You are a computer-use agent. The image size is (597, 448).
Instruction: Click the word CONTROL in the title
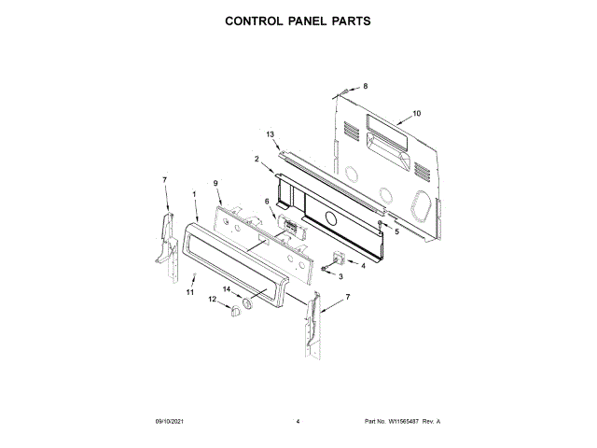[x=257, y=20]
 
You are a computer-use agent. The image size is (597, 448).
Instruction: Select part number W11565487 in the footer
[x=402, y=422]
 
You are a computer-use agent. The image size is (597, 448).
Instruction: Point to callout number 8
[x=366, y=86]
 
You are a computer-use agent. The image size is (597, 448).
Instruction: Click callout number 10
[x=416, y=113]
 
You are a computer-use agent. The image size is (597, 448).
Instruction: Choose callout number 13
[x=271, y=134]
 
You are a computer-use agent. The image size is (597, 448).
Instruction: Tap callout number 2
[x=257, y=159]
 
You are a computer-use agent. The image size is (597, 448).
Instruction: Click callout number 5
[x=396, y=231]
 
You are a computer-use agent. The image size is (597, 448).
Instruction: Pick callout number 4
[x=363, y=265]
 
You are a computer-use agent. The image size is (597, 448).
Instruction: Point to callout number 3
[x=340, y=277]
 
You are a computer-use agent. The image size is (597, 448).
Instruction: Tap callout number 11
[x=189, y=292]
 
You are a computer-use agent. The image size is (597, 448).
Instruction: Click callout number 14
[x=226, y=289]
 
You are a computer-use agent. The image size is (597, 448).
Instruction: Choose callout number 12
[x=212, y=300]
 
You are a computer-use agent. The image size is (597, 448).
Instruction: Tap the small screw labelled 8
[x=343, y=91]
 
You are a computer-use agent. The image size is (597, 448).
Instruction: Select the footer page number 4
[x=297, y=422]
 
